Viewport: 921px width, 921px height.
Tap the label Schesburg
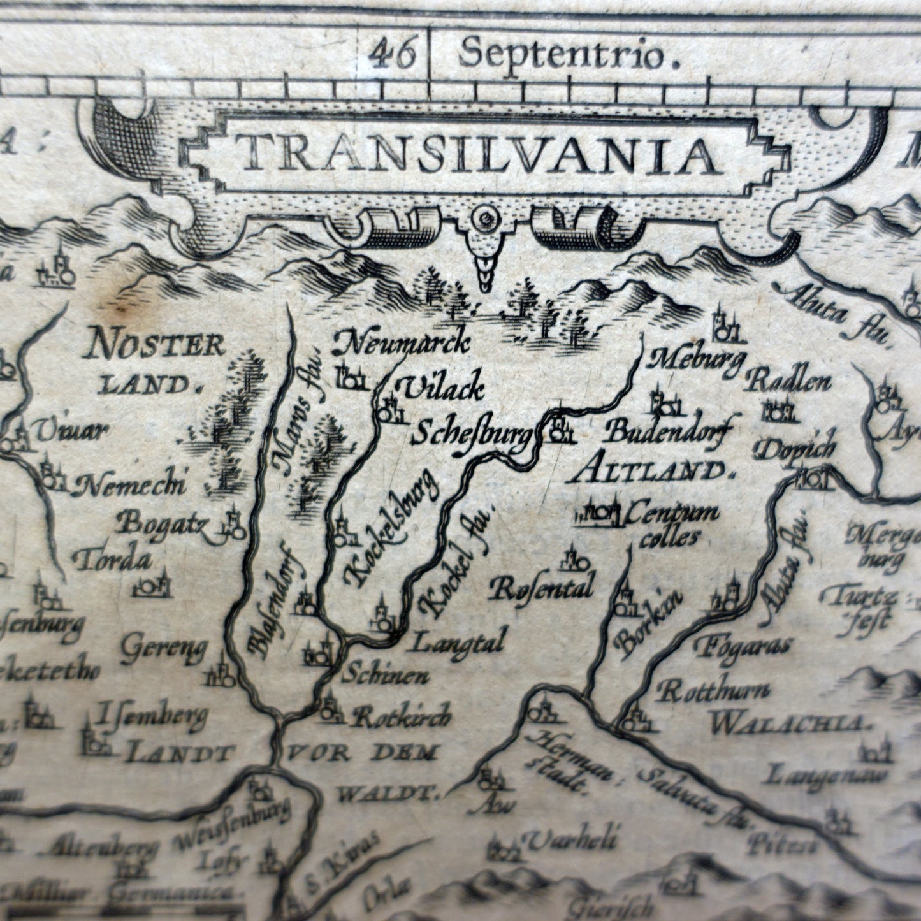pyautogui.click(x=472, y=436)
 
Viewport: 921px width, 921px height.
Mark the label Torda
pyautogui.click(x=112, y=561)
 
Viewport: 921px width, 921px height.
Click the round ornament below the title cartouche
pyautogui.click(x=488, y=221)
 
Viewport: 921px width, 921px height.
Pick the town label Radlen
pyautogui.click(x=788, y=381)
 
